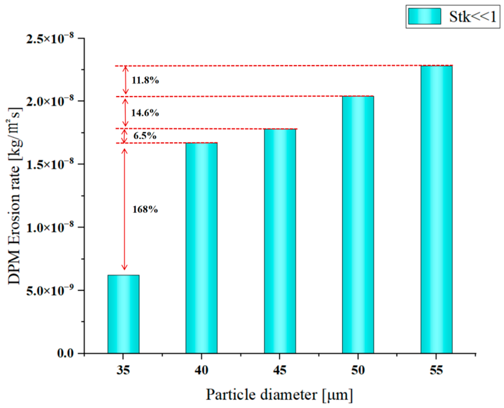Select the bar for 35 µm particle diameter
pos(123,314)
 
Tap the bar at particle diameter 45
pos(280,241)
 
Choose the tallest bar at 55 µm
pos(436,209)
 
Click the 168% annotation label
pos(145,209)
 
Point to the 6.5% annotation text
pos(145,136)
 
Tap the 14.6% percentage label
pos(145,113)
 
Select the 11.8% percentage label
pos(145,80)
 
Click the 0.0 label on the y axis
pos(65,353)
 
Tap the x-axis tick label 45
pos(279,370)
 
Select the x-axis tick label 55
pos(436,370)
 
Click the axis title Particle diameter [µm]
pos(279,395)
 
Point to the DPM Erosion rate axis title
pos(15,196)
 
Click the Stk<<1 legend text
pos(473,17)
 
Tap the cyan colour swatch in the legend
pos(424,16)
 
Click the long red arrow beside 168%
pos(124,209)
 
